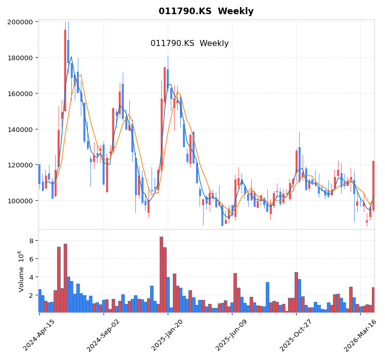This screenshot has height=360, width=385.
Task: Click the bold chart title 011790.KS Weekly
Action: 206,12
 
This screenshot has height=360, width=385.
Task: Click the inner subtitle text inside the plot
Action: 189,43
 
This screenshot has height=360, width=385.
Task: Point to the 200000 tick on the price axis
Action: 21,22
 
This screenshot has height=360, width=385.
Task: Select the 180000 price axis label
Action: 21,58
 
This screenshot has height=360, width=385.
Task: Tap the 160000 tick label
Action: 21,94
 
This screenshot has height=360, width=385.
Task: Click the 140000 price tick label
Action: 21,129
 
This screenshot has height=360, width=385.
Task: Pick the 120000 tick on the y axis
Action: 21,165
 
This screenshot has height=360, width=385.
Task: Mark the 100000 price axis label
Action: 21,201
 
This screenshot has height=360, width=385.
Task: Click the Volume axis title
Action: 21,271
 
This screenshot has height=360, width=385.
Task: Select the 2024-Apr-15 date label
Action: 39,335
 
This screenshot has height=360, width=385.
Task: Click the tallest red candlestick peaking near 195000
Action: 65,71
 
